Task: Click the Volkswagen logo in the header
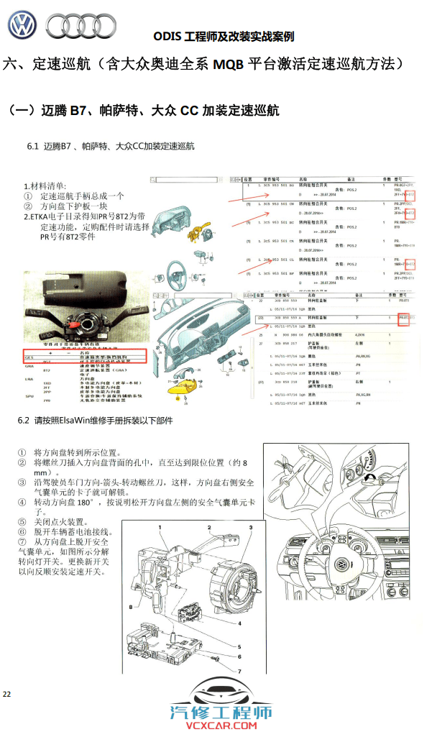pyautogui.click(x=22, y=25)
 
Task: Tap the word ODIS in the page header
pyautogui.click(x=167, y=37)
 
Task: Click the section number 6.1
pyautogui.click(x=32, y=147)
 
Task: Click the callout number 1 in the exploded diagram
pyautogui.click(x=161, y=528)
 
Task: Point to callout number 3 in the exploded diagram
pyautogui.click(x=251, y=528)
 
